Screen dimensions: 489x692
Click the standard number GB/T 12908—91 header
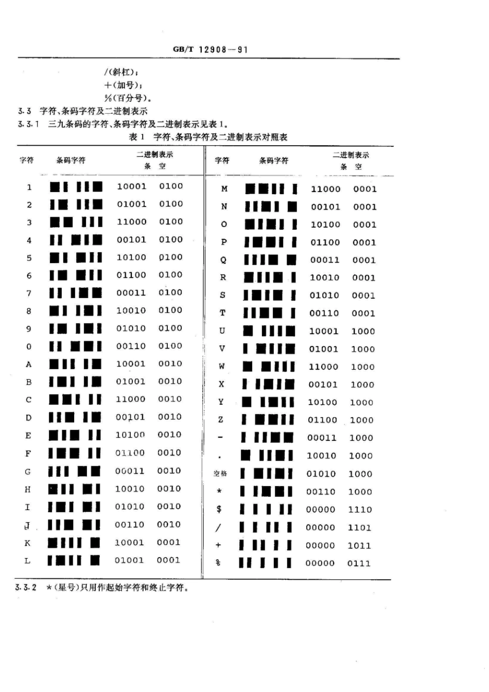pos(210,49)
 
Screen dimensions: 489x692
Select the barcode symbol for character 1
pos(76,186)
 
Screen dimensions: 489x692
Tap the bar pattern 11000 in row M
pos(325,189)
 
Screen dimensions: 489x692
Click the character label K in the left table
pos(28,543)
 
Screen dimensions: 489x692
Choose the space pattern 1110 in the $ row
pos(360,509)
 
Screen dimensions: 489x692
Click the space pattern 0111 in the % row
pos(359,563)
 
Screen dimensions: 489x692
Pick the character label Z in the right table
pos(221,420)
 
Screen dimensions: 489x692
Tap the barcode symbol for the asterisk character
pos(266,492)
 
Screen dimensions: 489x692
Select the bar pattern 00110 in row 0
pos(131,346)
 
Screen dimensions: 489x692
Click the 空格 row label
pos(220,474)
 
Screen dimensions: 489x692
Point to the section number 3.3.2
pos(26,587)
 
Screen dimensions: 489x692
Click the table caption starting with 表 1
pos(208,137)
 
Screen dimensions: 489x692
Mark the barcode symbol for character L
pos(74,560)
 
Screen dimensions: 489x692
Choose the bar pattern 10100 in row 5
pos(131,257)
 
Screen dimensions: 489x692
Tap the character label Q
pos(223,260)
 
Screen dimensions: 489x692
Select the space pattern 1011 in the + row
pos(359,545)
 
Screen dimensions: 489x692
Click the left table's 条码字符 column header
pos(71,160)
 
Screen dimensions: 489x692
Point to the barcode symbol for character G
pos(74,471)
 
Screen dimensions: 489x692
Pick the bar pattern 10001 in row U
pos(323,331)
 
